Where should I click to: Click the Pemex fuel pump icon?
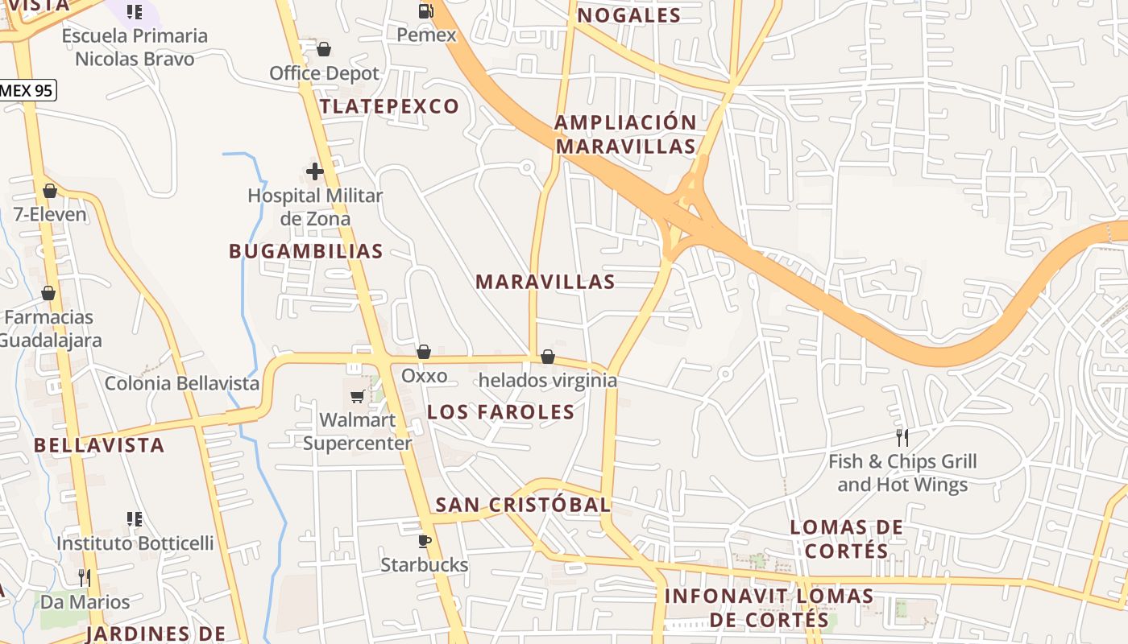pyautogui.click(x=425, y=11)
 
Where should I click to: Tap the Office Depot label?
pyautogui.click(x=324, y=73)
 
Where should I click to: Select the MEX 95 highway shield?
pyautogui.click(x=27, y=89)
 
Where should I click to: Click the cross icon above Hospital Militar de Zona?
pyautogui.click(x=315, y=171)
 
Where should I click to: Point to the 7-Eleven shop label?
pyautogui.click(x=50, y=215)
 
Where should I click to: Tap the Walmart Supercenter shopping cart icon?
pyautogui.click(x=357, y=396)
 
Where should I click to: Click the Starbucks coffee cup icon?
pyautogui.click(x=425, y=541)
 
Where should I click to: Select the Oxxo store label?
pyautogui.click(x=424, y=376)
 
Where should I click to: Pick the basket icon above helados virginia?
pyautogui.click(x=548, y=357)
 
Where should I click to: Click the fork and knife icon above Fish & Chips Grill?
pyautogui.click(x=902, y=438)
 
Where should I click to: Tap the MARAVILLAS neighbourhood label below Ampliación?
pyautogui.click(x=545, y=282)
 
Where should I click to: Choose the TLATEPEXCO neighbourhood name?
pyautogui.click(x=390, y=106)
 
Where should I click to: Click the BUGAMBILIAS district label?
pyautogui.click(x=306, y=251)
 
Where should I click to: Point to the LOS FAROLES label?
pyautogui.click(x=501, y=412)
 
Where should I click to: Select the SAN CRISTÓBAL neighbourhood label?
pyautogui.click(x=523, y=505)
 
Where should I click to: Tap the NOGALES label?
pyautogui.click(x=629, y=15)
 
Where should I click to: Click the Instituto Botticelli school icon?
pyautogui.click(x=135, y=519)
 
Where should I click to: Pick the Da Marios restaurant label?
pyautogui.click(x=85, y=602)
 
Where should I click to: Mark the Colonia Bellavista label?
pyautogui.click(x=182, y=383)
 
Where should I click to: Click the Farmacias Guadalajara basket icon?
pyautogui.click(x=48, y=293)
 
